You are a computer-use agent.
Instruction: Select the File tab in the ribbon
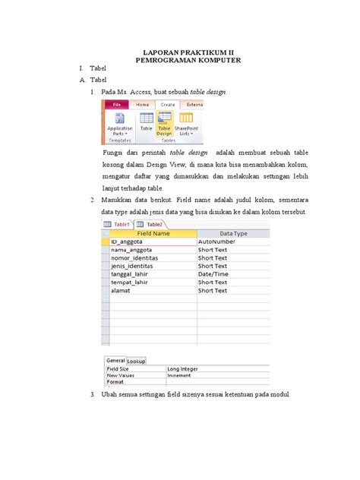tap(115, 104)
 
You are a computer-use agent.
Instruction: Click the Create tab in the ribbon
tap(167, 104)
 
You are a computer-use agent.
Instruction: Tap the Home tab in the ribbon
tap(142, 104)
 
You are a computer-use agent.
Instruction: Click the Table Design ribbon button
tap(165, 124)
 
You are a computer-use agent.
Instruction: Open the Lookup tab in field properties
tap(136, 361)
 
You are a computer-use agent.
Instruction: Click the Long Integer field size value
tap(184, 369)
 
